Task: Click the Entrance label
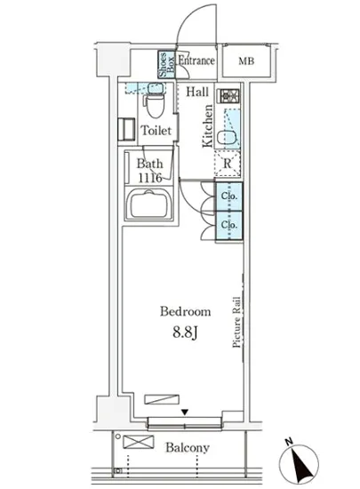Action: (x=196, y=61)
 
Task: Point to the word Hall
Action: (x=197, y=91)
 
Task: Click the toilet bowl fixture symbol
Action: (x=156, y=104)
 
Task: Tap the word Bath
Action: (x=148, y=163)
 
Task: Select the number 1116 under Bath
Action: (x=148, y=176)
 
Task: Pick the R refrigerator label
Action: (x=228, y=163)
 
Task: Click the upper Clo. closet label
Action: (x=228, y=196)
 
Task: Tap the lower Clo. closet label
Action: (x=228, y=225)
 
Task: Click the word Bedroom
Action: (x=185, y=312)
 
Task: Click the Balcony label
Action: (x=186, y=448)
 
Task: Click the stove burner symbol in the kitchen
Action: (x=226, y=95)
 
